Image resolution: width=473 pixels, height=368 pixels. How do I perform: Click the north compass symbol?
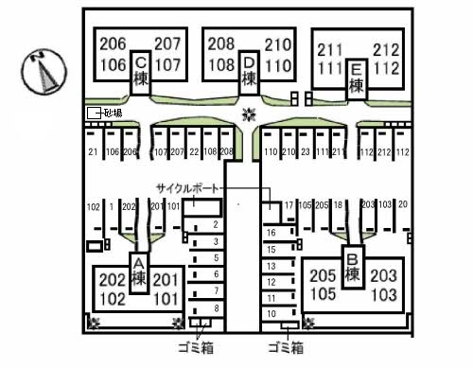click(42, 72)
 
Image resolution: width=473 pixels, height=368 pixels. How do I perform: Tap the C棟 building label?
click(140, 72)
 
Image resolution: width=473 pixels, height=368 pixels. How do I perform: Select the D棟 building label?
click(249, 72)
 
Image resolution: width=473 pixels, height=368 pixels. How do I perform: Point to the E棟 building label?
click(356, 78)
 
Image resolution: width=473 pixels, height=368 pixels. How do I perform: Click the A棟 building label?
click(139, 272)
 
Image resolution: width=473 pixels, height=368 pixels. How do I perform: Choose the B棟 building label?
click(352, 267)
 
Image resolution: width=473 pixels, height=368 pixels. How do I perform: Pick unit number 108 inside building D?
click(221, 65)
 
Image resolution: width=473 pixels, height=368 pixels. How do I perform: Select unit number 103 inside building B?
click(384, 294)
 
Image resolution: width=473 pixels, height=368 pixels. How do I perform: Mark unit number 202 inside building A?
click(112, 280)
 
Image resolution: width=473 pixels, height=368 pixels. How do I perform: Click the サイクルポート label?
click(187, 188)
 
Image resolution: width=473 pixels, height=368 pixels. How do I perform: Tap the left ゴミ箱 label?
click(195, 346)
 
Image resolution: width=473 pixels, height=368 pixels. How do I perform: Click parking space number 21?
click(93, 151)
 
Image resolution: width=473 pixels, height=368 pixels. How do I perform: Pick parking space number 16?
click(271, 233)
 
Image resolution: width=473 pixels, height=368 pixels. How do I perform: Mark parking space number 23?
click(305, 151)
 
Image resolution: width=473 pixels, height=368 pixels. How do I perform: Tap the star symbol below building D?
click(249, 115)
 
